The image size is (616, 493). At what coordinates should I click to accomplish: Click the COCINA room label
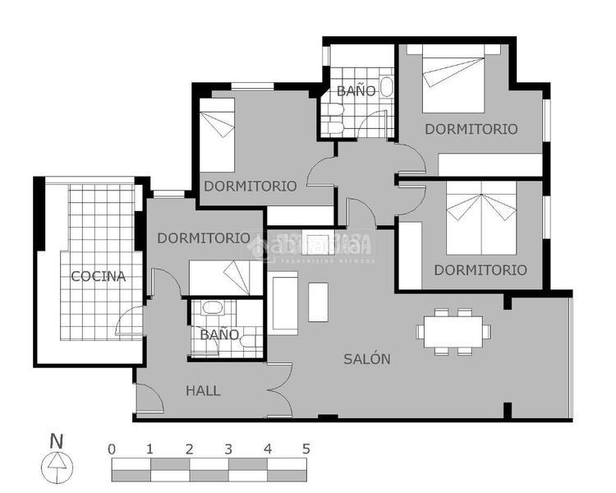(x=98, y=276)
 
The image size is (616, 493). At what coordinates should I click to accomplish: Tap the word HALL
(x=203, y=390)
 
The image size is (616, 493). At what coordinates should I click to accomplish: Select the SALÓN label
(x=366, y=359)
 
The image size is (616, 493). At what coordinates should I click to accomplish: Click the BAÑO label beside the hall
(x=218, y=334)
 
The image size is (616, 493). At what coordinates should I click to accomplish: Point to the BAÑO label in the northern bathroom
(x=356, y=90)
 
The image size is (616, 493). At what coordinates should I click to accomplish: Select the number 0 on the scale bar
(x=112, y=449)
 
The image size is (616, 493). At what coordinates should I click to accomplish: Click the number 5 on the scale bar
(x=306, y=449)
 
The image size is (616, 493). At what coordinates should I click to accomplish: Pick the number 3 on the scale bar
(x=228, y=449)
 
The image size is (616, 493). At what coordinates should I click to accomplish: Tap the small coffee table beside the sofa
(x=318, y=302)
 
